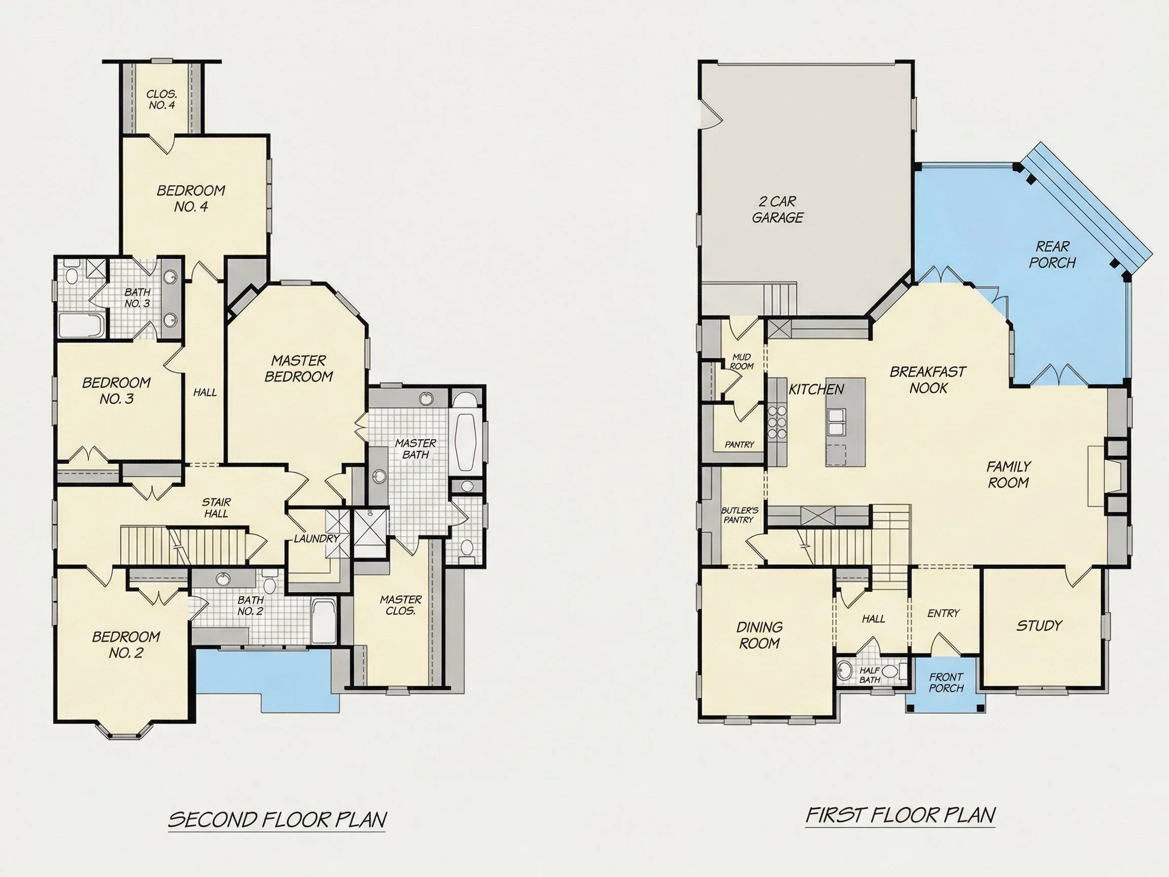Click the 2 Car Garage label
click(x=777, y=209)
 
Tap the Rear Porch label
click(x=1052, y=254)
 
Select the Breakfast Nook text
click(x=928, y=380)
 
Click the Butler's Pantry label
click(x=739, y=515)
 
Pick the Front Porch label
click(x=946, y=683)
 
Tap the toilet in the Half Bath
click(x=891, y=671)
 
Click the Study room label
click(x=1039, y=626)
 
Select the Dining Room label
click(x=760, y=635)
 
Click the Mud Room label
click(x=741, y=361)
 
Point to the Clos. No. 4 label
click(x=162, y=99)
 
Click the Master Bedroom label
click(x=298, y=368)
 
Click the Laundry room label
click(x=317, y=538)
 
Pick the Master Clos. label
click(x=401, y=605)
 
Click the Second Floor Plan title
click(x=278, y=819)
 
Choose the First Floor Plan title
click(x=901, y=815)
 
